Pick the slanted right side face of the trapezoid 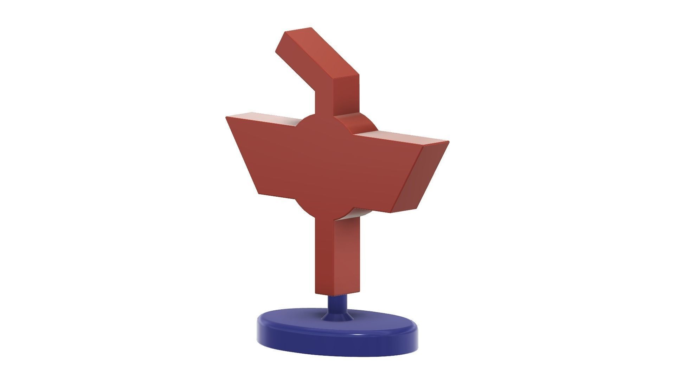(x=420, y=178)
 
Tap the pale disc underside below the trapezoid (x=355, y=213)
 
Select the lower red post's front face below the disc (x=323, y=253)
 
